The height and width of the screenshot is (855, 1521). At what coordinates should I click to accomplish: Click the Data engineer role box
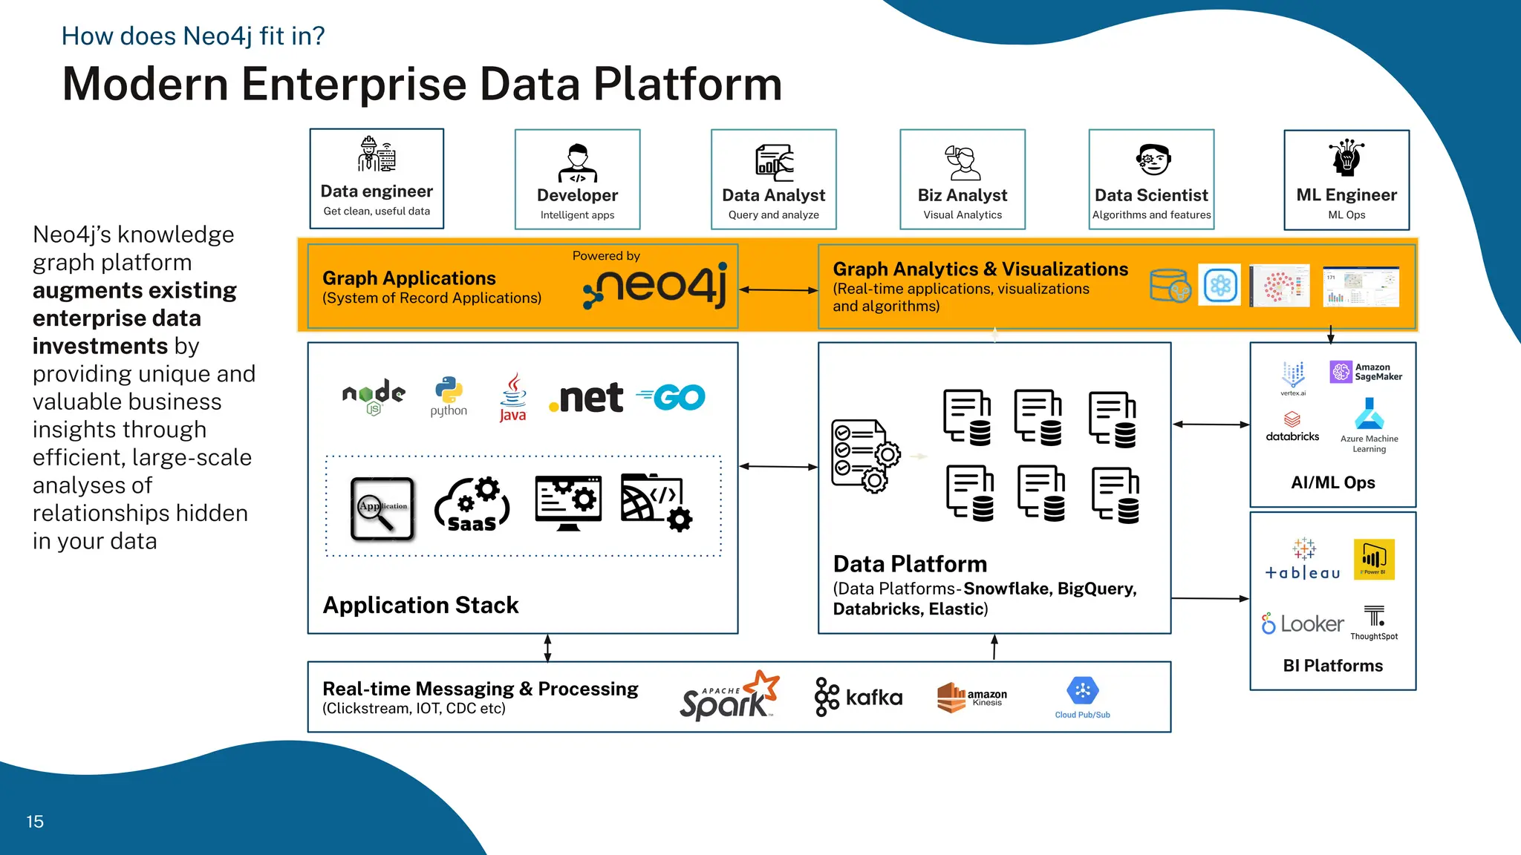point(377,179)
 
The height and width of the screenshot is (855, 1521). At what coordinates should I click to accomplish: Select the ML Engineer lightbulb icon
point(1346,157)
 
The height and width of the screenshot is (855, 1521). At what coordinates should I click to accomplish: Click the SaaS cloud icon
point(472,506)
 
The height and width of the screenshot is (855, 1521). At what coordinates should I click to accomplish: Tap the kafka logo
point(859,697)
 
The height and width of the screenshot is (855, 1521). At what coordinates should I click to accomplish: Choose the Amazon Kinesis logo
point(971,697)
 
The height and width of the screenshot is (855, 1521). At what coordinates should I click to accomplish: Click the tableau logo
point(1303,560)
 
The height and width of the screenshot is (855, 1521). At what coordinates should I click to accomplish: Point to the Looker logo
point(1303,624)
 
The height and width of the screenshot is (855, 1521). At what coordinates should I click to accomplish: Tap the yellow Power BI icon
point(1374,559)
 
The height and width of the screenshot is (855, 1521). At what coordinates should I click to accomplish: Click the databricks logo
point(1292,427)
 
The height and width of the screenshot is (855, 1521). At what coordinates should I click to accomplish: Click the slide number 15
point(35,822)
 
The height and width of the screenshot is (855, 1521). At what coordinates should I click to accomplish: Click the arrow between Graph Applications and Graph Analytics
point(778,290)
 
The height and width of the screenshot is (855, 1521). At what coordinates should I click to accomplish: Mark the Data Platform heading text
point(910,564)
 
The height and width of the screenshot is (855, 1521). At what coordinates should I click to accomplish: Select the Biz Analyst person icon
point(963,163)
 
